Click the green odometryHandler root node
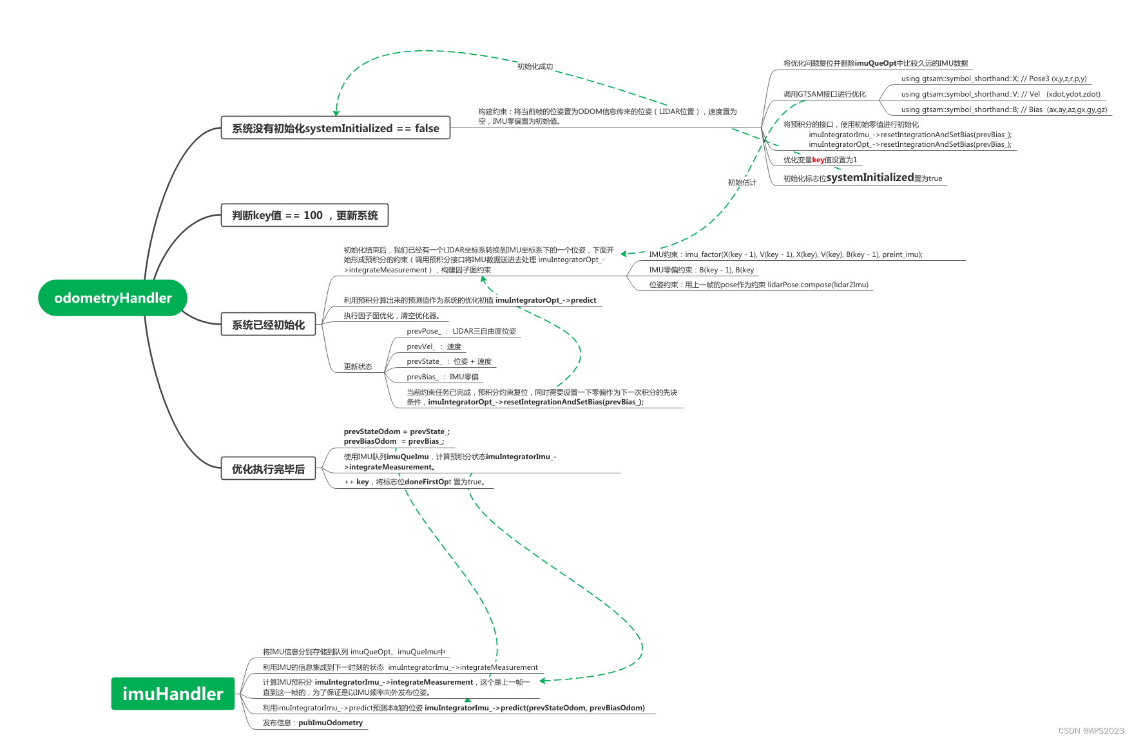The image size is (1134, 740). [x=113, y=298]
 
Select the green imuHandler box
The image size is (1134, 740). [x=173, y=694]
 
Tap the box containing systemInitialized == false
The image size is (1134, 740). [x=335, y=128]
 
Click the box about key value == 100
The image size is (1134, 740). [x=305, y=215]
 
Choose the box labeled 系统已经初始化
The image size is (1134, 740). [x=268, y=325]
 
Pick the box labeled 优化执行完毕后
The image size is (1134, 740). [x=268, y=469]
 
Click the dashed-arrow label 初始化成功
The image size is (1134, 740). [x=535, y=66]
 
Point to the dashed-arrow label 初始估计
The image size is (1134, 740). [x=742, y=182]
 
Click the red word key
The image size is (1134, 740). [x=818, y=160]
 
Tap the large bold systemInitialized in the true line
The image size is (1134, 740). [x=870, y=177]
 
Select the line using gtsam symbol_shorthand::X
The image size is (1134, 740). [x=994, y=79]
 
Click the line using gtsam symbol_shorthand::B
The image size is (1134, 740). [x=1004, y=109]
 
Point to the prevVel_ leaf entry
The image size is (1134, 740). [x=434, y=346]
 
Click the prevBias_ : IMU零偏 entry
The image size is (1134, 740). [x=443, y=377]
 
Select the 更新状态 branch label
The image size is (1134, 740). [x=358, y=366]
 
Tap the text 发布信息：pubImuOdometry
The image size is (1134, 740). [x=312, y=723]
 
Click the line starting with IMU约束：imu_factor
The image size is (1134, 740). [x=785, y=254]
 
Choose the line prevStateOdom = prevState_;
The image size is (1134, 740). [x=396, y=432]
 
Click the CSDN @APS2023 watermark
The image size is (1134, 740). [x=1091, y=730]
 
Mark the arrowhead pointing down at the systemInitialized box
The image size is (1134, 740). [x=336, y=113]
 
